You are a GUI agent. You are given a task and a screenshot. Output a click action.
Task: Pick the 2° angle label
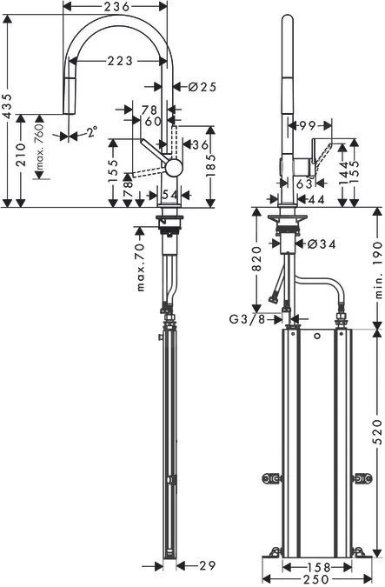(x=90, y=133)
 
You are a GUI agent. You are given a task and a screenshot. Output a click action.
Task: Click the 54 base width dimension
(x=169, y=193)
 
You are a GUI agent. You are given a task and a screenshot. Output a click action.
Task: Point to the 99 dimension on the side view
(x=305, y=126)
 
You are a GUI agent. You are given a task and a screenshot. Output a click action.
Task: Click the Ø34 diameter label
(x=322, y=244)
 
